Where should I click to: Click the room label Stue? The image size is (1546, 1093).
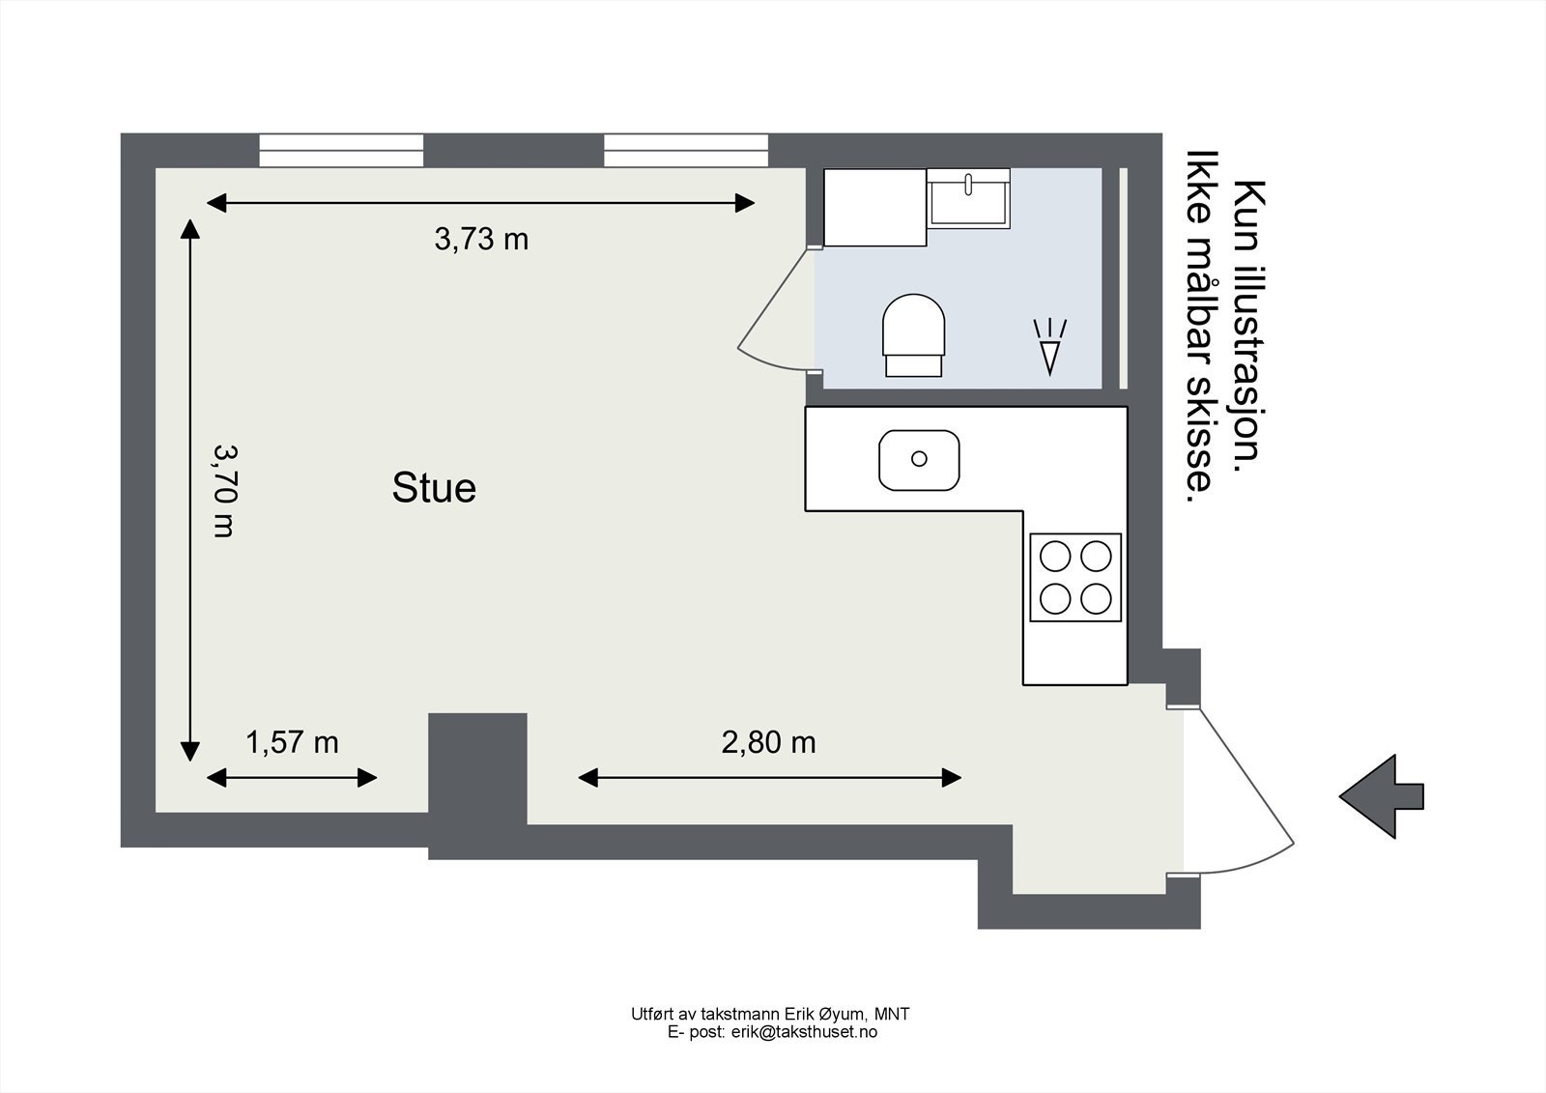[434, 487]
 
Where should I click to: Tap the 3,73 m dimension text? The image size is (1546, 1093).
[481, 239]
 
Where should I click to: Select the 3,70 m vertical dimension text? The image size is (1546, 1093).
[223, 490]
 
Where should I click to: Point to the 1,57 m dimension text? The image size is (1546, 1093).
[292, 742]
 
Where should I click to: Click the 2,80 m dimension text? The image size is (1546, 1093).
[768, 742]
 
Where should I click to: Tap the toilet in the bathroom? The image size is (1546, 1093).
[914, 335]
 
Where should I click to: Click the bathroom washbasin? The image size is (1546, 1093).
[968, 198]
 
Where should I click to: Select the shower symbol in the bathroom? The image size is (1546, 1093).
[1049, 347]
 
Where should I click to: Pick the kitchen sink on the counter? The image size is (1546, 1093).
[919, 460]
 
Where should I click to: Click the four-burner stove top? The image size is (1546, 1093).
[1075, 577]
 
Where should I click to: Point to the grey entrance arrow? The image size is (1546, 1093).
[1382, 796]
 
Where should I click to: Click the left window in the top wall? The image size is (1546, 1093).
[341, 151]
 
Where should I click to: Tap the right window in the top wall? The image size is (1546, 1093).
[686, 151]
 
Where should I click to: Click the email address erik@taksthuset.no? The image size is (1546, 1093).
[804, 1032]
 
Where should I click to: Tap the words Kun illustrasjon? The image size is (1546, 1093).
[1249, 326]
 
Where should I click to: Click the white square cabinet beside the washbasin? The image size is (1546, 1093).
[875, 207]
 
